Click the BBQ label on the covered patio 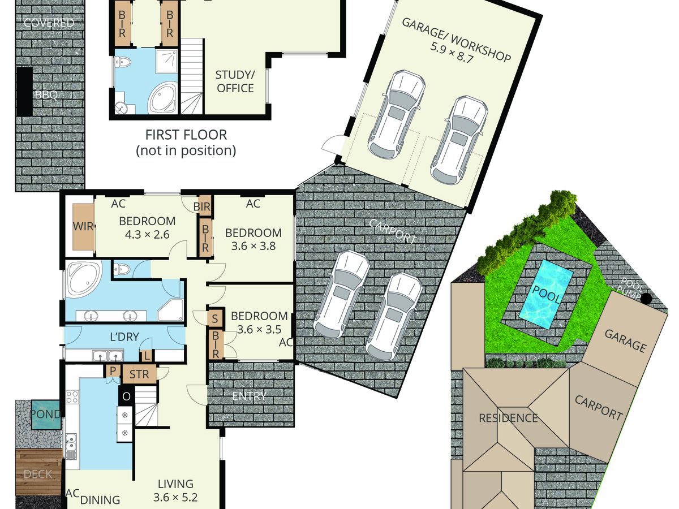click(x=46, y=94)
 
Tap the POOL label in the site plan click(x=546, y=294)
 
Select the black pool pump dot click(x=646, y=298)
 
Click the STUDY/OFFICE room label click(x=235, y=81)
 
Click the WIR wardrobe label click(x=83, y=226)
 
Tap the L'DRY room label click(x=124, y=337)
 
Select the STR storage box click(x=139, y=374)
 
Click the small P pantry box click(x=113, y=370)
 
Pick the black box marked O click(x=126, y=396)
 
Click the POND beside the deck click(x=46, y=414)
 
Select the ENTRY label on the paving click(x=249, y=396)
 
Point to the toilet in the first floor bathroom click(x=123, y=63)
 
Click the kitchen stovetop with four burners click(x=72, y=397)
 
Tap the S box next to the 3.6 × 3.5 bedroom click(x=214, y=318)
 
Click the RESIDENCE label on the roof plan click(x=508, y=418)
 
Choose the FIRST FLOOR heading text click(x=186, y=135)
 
